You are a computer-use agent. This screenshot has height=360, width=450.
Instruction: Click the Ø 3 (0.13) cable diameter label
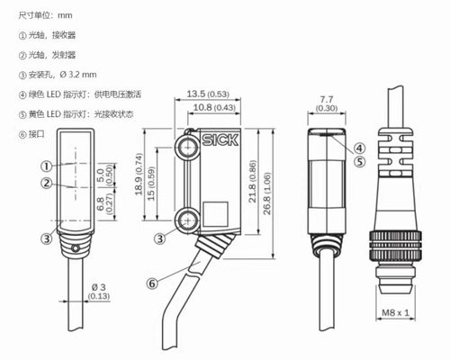pos(100,292)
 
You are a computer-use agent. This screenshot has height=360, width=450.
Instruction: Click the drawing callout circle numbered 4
pos(359,148)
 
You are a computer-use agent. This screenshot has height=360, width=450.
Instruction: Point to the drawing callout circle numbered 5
pos(359,163)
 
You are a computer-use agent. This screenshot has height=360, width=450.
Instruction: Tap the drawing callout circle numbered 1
pos(45,166)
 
